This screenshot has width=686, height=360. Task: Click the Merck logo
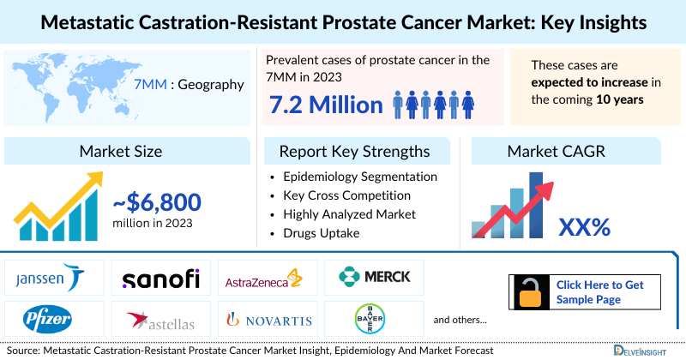click(x=374, y=277)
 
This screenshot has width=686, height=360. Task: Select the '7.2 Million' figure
click(x=326, y=105)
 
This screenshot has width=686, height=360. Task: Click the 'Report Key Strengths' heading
click(x=354, y=152)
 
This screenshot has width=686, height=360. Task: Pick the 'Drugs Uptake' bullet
click(x=322, y=232)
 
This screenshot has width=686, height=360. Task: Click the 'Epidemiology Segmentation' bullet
click(x=360, y=177)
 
